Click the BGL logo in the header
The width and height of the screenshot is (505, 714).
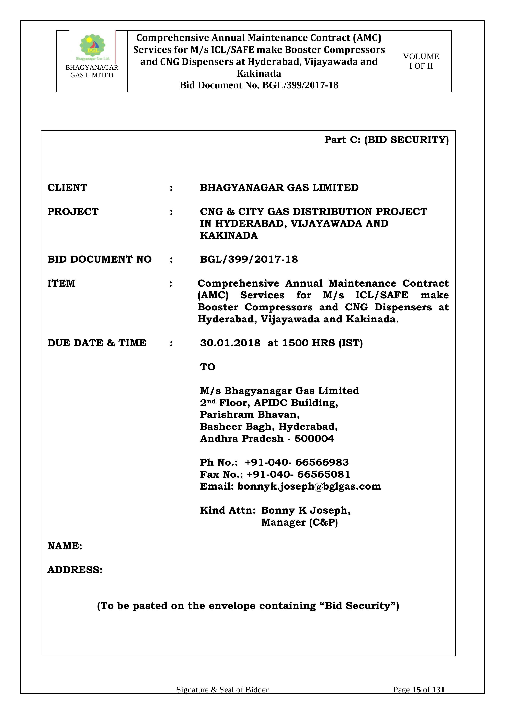[x=92, y=47]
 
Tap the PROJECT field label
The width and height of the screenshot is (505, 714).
[x=73, y=211]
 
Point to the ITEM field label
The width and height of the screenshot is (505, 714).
[x=61, y=283]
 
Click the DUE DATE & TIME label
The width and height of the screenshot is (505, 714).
[x=97, y=343]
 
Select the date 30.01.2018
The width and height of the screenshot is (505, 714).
[x=230, y=343]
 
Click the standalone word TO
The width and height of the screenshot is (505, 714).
[x=207, y=367]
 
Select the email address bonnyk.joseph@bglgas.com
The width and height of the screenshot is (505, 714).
[x=309, y=486]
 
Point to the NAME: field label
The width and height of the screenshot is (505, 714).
[x=65, y=546]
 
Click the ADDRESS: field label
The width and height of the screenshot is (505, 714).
[x=75, y=570]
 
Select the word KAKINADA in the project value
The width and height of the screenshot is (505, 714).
[x=229, y=235]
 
